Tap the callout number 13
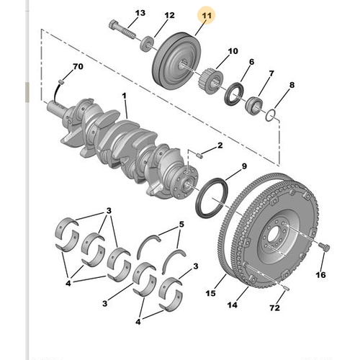coord(140,13)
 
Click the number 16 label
coord(321,274)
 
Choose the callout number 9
coord(243,167)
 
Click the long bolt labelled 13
coord(124,32)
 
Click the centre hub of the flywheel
coord(272,239)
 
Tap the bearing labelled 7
coord(253,107)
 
